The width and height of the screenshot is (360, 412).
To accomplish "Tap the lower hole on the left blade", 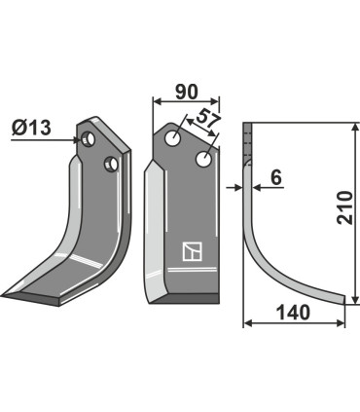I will [x=111, y=163].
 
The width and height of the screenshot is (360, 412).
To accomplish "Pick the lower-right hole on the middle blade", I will [x=204, y=158].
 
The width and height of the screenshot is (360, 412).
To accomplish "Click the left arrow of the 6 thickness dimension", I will [x=236, y=186].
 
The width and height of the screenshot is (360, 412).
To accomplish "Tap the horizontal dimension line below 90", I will [x=186, y=100].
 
